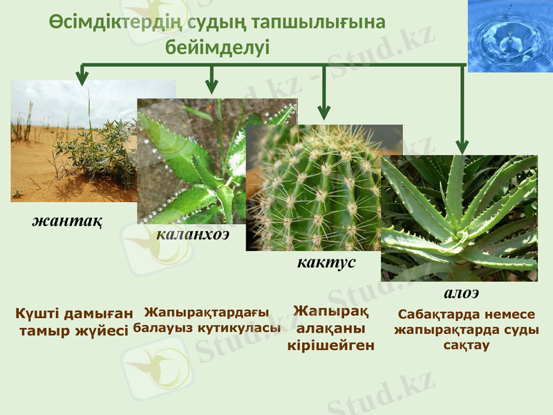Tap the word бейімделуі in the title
(x=217, y=47)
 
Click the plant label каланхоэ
(x=193, y=234)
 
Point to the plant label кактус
(x=326, y=263)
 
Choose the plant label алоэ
(x=461, y=293)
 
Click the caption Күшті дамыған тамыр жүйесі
(x=74, y=322)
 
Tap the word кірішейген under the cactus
(x=330, y=344)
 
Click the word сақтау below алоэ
(x=466, y=344)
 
